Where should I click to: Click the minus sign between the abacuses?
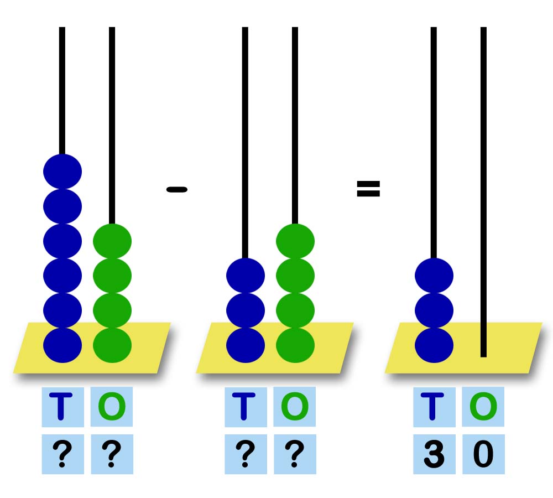[x=176, y=189]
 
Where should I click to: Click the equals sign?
[x=368, y=189]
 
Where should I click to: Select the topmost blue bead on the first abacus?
[x=62, y=171]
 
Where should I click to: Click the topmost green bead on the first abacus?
[x=112, y=241]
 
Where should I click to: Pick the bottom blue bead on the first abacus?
[x=62, y=345]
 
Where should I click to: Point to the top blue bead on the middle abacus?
[x=246, y=275]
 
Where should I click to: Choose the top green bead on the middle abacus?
[x=295, y=241]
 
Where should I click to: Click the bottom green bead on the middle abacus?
[x=295, y=345]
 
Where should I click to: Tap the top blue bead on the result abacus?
[x=434, y=275]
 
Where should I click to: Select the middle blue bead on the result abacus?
[x=434, y=310]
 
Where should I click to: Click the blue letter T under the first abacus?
[x=62, y=407]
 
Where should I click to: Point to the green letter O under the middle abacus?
[x=295, y=407]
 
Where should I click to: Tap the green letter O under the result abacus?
[x=483, y=407]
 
